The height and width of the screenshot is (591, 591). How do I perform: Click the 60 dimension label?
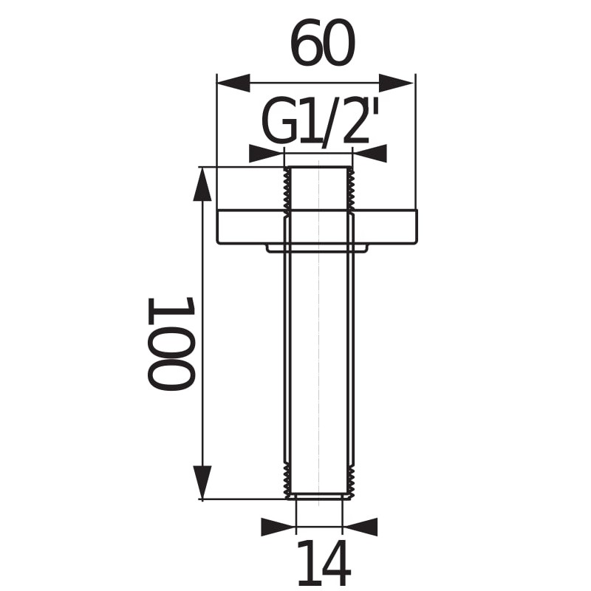tap(322, 44)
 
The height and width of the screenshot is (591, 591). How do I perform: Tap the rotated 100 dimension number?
tap(171, 343)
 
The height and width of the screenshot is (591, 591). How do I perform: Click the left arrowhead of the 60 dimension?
tap(233, 83)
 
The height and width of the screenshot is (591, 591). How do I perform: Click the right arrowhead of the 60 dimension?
tap(397, 83)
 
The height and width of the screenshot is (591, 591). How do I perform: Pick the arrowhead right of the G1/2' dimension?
tap(370, 154)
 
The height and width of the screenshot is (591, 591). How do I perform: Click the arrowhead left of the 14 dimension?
tap(279, 527)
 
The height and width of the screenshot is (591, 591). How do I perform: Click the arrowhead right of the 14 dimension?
tap(361, 527)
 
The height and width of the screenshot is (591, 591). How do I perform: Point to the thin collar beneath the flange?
tap(318, 249)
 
